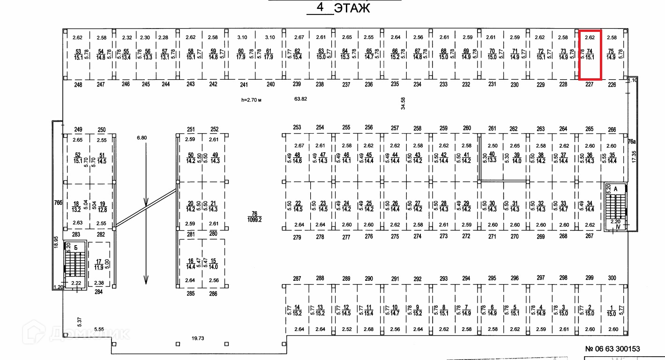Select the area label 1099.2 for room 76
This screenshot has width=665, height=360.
[255, 219]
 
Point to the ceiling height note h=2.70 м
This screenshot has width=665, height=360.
[251, 99]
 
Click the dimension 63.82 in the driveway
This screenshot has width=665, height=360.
[300, 99]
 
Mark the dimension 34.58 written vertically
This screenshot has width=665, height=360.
[403, 104]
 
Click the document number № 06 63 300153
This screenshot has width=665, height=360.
[612, 349]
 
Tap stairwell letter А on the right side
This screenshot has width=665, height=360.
[616, 188]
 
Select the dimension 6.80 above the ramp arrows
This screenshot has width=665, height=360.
[141, 138]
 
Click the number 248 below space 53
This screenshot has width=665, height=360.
[78, 85]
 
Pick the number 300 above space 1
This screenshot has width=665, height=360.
[612, 278]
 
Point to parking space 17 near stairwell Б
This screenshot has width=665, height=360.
[99, 265]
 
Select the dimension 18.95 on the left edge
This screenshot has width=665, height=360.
[56, 242]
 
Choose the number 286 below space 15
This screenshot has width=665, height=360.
[213, 294]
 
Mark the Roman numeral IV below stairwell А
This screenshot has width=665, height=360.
[618, 227]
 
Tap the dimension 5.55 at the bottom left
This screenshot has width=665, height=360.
[98, 330]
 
